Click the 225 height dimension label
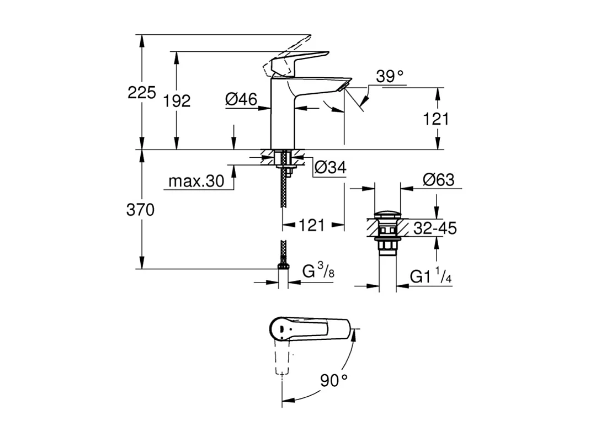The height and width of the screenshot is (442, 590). click(x=142, y=92)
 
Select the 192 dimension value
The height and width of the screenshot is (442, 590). click(x=177, y=101)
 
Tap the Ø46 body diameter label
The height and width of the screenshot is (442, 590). click(x=241, y=99)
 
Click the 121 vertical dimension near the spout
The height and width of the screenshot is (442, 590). click(x=436, y=119)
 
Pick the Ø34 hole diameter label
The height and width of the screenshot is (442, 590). click(x=329, y=167)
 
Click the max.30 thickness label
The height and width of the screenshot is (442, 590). click(x=196, y=181)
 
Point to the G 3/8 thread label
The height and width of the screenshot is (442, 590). click(x=318, y=271)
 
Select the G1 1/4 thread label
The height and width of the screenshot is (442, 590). click(x=431, y=276)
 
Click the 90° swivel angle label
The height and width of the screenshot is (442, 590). click(x=334, y=380)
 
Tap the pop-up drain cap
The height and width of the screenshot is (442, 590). click(x=386, y=214)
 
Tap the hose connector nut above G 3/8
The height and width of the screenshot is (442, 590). click(x=283, y=268)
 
